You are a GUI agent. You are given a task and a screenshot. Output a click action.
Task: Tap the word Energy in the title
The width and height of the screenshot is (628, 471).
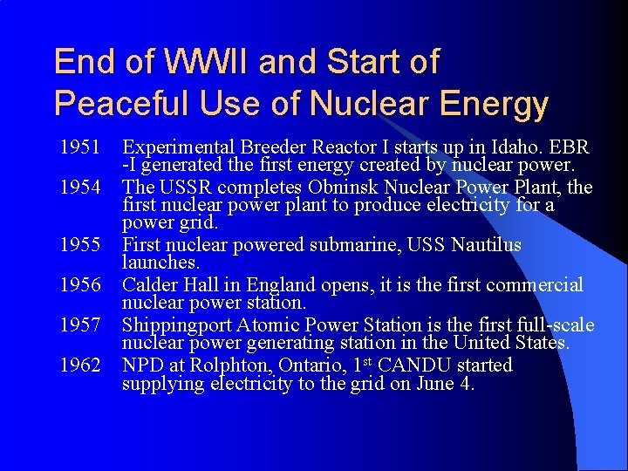tap(495, 104)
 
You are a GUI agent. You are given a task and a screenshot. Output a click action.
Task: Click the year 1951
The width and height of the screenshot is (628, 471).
tap(80, 147)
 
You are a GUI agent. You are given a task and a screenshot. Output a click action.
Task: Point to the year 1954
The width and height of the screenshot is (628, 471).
tap(80, 187)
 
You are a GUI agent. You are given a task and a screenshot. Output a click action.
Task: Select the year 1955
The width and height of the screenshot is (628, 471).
tap(80, 245)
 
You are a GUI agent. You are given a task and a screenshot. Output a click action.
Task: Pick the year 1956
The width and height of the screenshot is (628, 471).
tap(80, 285)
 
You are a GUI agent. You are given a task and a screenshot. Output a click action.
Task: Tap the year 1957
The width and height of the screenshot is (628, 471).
tap(80, 325)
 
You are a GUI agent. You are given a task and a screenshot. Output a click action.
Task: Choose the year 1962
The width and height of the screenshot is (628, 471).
tap(80, 365)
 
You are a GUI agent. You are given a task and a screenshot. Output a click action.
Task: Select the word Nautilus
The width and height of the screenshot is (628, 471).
tap(486, 245)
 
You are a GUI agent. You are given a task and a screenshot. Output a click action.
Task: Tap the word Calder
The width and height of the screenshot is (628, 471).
tap(149, 285)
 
